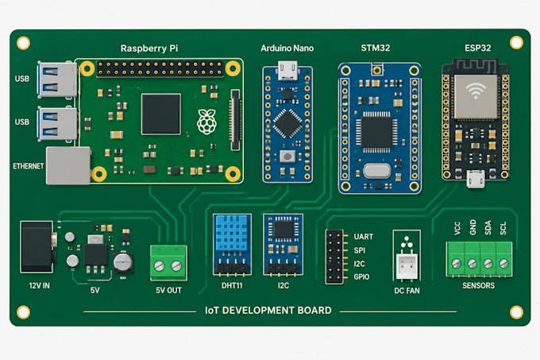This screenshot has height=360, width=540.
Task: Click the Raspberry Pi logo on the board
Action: pyautogui.click(x=206, y=122)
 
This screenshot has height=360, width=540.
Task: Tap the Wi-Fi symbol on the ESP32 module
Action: pyautogui.click(x=476, y=91)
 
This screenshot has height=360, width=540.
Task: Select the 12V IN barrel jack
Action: pyautogui.click(x=37, y=246)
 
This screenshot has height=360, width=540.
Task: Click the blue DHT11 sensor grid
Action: pyautogui.click(x=231, y=233)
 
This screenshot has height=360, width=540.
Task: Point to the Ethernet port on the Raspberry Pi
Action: pyautogui.click(x=68, y=165)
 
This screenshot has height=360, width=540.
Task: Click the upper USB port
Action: pyautogui.click(x=57, y=79)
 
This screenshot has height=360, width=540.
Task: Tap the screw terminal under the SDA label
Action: pyautogui.click(x=488, y=264)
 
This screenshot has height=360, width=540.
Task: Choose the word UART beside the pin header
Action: pyautogui.click(x=364, y=237)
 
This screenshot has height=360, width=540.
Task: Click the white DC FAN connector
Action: pyautogui.click(x=407, y=266)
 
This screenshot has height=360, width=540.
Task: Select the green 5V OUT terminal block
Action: pyautogui.click(x=168, y=262)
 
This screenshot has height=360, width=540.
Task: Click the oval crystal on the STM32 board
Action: pyautogui.click(x=377, y=171)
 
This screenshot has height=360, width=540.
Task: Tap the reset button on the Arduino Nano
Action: pyautogui.click(x=287, y=157)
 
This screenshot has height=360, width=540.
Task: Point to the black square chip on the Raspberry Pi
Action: pyautogui.click(x=161, y=114)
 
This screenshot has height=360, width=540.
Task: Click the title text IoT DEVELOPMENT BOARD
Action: pyautogui.click(x=268, y=311)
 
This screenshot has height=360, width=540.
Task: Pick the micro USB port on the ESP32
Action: pyautogui.click(x=476, y=179)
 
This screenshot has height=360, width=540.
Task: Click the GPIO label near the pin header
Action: pyautogui.click(x=361, y=277)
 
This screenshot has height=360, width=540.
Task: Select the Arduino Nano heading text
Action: pyautogui.click(x=287, y=48)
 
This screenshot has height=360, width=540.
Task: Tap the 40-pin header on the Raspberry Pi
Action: pyautogui.click(x=160, y=68)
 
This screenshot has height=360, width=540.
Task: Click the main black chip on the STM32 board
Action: pyautogui.click(x=376, y=132)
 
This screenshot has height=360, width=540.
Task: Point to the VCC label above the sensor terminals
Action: pyautogui.click(x=457, y=228)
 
